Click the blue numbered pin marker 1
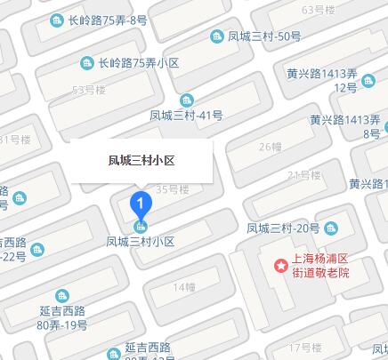pyautogui.click(x=141, y=204)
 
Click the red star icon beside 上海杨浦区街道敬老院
pyautogui.click(x=280, y=264)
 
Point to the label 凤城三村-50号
pyautogui.click(x=264, y=36)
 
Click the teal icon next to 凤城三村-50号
pyautogui.click(x=217, y=36)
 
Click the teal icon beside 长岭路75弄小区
pyautogui.click(x=87, y=63)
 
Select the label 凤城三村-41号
pyautogui.click(x=186, y=116)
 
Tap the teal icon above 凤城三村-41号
pyautogui.click(x=186, y=100)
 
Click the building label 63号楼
pyautogui.click(x=318, y=10)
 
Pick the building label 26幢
pyautogui.click(x=270, y=147)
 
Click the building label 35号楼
pyautogui.click(x=173, y=189)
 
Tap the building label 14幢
pyautogui.click(x=184, y=287)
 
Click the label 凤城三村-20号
pyautogui.click(x=282, y=228)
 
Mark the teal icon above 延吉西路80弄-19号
pyautogui.click(x=61, y=296)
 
